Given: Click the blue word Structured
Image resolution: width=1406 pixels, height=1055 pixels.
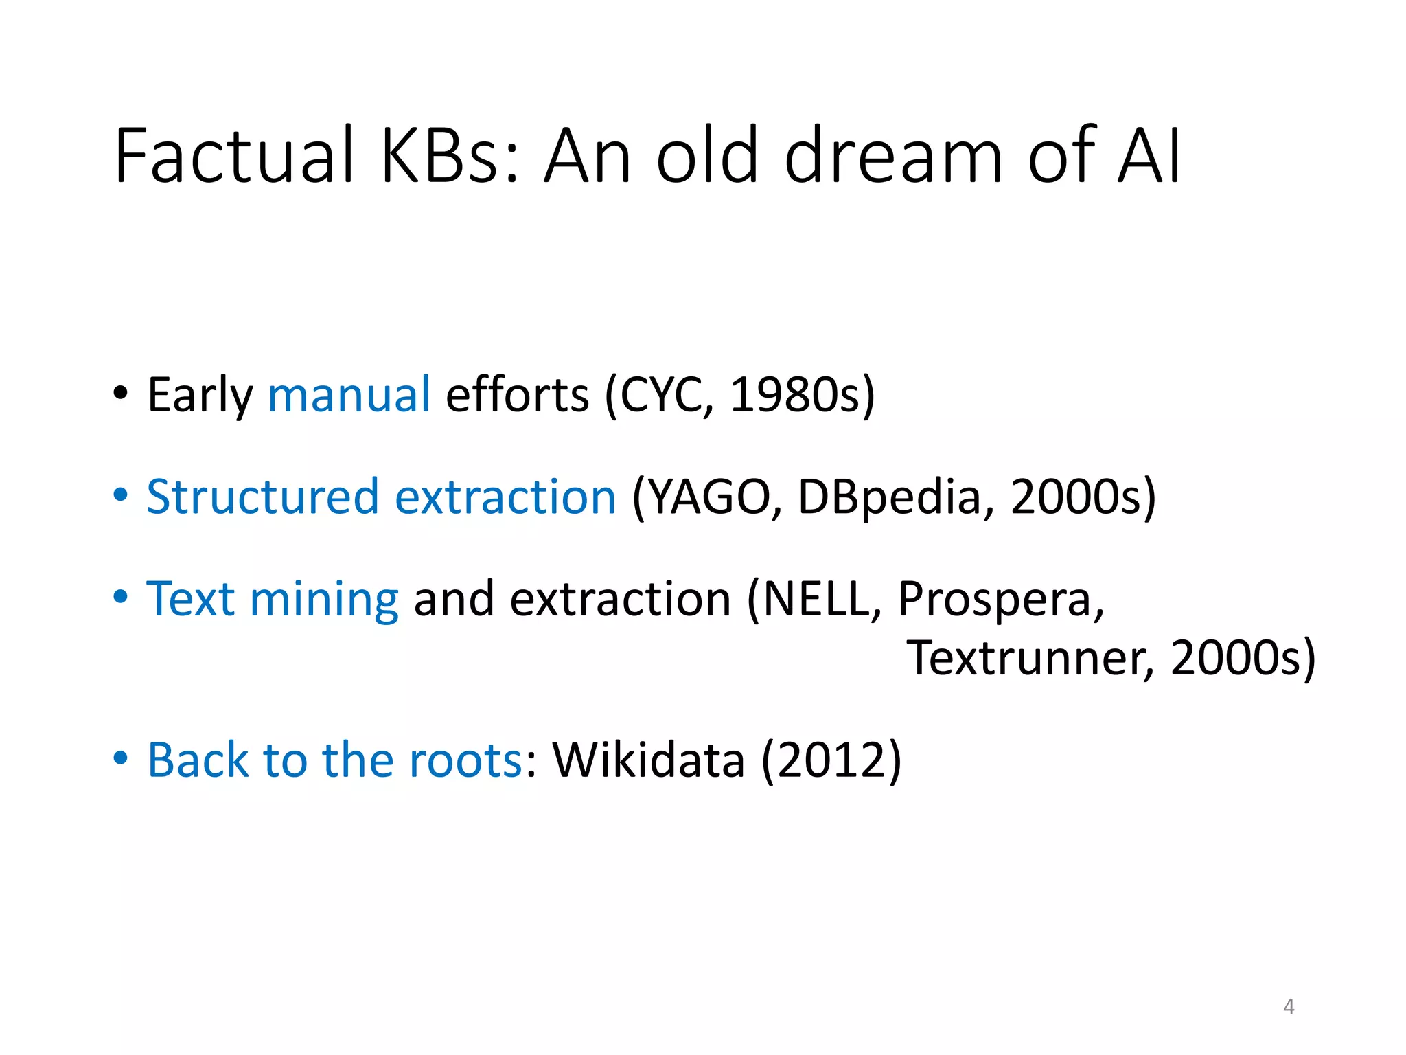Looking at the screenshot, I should coord(262,497).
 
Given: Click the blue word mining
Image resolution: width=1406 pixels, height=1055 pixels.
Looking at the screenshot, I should coord(323,600).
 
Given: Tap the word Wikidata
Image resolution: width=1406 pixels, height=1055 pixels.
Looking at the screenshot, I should coord(649,760).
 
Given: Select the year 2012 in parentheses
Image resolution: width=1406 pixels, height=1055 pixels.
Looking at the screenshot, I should coord(831,760).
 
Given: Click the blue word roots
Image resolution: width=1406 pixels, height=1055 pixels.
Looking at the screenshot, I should coord(466,760).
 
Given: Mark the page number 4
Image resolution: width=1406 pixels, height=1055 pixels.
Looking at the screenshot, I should coord(1289,1007).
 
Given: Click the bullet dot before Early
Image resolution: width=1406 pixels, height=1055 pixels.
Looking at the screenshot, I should coord(121,394).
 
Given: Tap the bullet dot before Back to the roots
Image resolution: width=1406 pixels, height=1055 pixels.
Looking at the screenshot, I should coord(121,758).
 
